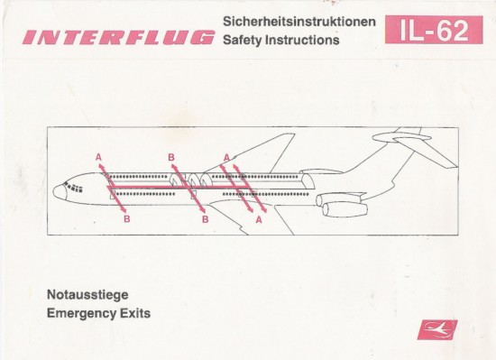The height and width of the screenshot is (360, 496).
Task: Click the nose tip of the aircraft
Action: pyautogui.click(x=55, y=191)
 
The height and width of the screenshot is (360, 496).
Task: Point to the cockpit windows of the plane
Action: pyautogui.click(x=71, y=184)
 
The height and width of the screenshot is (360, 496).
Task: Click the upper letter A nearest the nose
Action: pyautogui.click(x=98, y=157)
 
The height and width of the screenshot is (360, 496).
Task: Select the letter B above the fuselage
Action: pyautogui.click(x=170, y=158)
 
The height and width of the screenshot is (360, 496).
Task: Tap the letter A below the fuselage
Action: pyautogui.click(x=259, y=218)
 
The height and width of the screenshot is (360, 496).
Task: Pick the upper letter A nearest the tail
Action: pyautogui.click(x=226, y=157)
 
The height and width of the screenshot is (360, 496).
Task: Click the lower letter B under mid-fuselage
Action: pyautogui.click(x=205, y=218)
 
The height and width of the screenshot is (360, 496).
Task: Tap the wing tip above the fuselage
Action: pyautogui.click(x=289, y=138)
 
